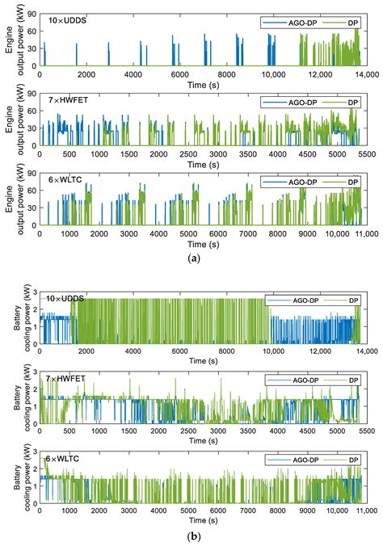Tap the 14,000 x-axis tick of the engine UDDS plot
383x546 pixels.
366,73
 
